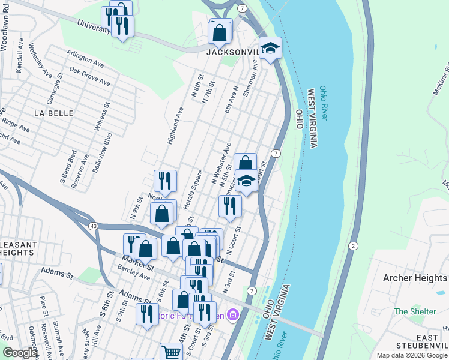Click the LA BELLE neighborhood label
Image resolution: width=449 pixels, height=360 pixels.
[x=53, y=113]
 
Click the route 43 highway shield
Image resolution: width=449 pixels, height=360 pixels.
[x=93, y=226]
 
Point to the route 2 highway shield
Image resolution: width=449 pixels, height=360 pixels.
[x=354, y=246]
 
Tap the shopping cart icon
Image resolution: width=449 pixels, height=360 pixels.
[x=171, y=353]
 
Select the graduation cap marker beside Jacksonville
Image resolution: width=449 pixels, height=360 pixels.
[x=270, y=48]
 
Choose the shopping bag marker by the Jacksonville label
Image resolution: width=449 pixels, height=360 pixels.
[x=220, y=32]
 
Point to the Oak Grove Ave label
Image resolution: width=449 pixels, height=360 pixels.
[x=90, y=76]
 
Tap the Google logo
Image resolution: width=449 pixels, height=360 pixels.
[x=20, y=353]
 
